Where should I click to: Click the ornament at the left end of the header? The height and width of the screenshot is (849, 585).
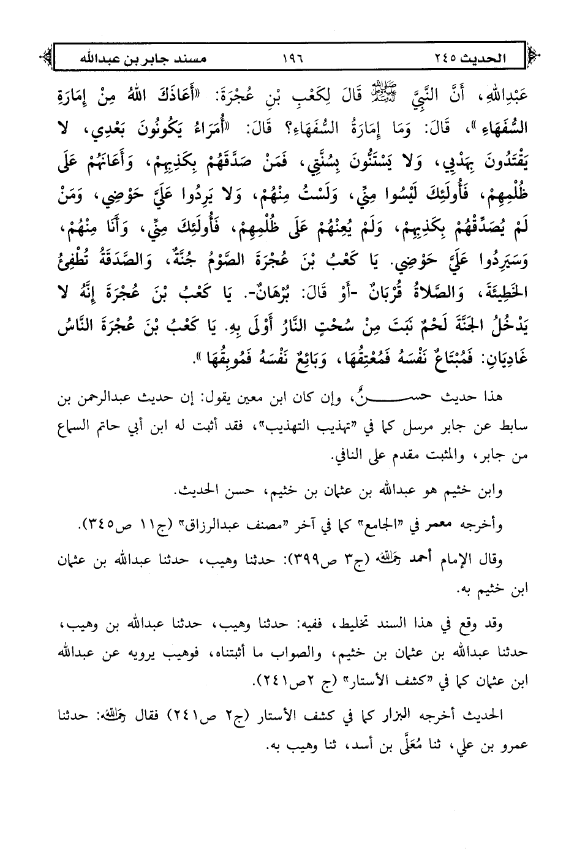(x=44, y=59)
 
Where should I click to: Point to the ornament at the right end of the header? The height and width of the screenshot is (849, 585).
(x=534, y=59)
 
